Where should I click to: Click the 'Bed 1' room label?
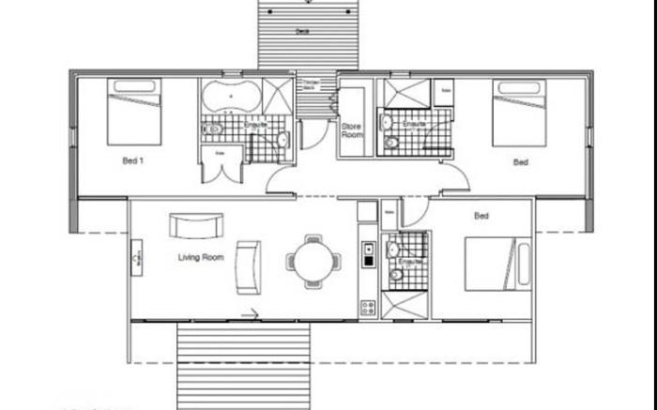click(x=133, y=160)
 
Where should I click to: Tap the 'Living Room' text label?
click(x=201, y=256)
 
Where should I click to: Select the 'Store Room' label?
click(x=352, y=131)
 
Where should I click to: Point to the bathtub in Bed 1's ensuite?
click(x=229, y=95)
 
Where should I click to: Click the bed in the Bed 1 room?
click(x=134, y=111)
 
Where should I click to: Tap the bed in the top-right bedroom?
click(x=519, y=113)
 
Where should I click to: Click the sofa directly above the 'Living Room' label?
click(x=196, y=225)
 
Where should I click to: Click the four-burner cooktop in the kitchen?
click(x=368, y=305)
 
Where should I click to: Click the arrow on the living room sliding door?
click(x=251, y=315)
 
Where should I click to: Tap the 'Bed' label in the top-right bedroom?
click(x=520, y=162)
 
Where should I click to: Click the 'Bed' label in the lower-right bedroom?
click(x=481, y=217)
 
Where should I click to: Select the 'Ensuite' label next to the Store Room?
click(x=414, y=124)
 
